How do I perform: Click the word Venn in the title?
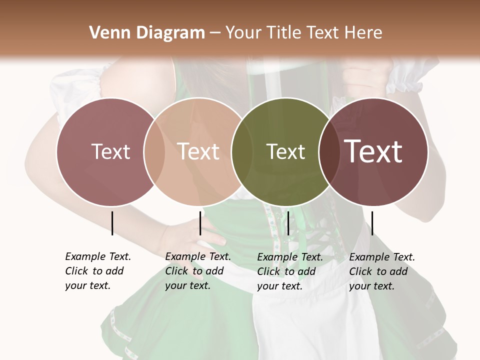(106, 33)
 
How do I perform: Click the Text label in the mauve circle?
(110, 151)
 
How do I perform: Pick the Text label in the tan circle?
(198, 151)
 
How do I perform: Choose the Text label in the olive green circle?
(285, 151)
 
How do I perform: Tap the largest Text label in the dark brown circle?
(373, 151)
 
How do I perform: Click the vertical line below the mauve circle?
(112, 223)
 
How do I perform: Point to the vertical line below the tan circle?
(200, 223)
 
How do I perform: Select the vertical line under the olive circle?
(288, 223)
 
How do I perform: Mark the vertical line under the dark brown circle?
(372, 223)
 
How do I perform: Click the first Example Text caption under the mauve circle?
(98, 271)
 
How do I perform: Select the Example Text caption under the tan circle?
(198, 271)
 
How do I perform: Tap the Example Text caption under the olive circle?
(290, 271)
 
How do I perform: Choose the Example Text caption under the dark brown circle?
(382, 271)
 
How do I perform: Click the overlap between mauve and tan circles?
(154, 151)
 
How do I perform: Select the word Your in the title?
(243, 33)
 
